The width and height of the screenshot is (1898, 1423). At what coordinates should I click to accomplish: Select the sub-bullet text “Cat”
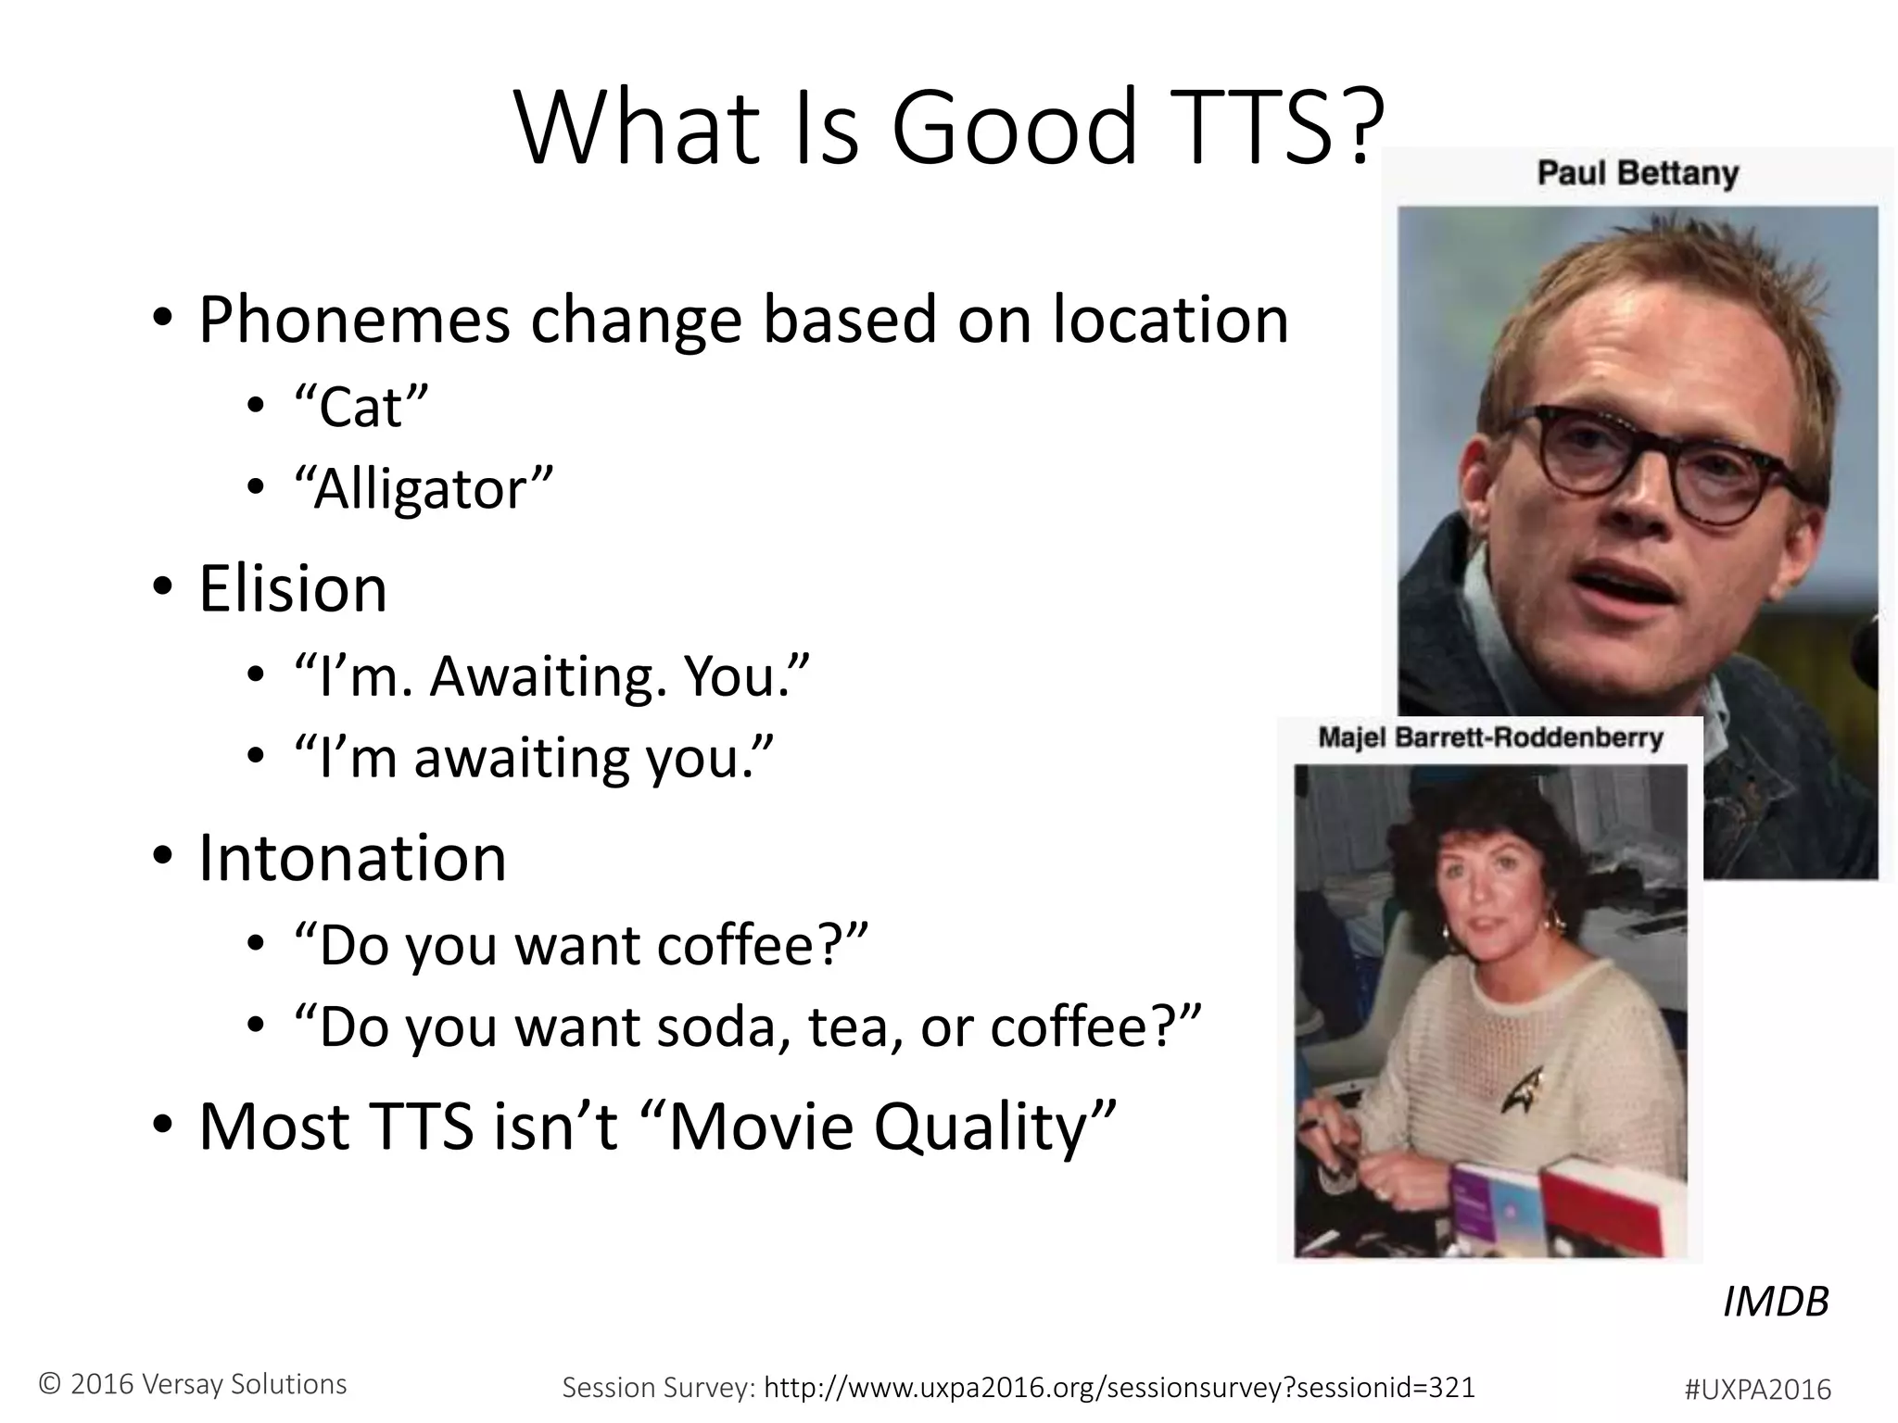pyautogui.click(x=361, y=407)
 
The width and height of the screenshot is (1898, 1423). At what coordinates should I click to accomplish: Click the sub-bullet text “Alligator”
pyautogui.click(x=423, y=489)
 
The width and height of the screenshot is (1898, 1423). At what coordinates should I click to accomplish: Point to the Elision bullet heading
pyautogui.click(x=292, y=589)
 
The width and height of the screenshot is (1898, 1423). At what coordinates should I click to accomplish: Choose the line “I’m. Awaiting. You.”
pyautogui.click(x=551, y=676)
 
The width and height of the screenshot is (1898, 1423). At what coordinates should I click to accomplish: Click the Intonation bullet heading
pyautogui.click(x=352, y=858)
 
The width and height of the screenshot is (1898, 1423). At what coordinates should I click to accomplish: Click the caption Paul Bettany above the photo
pyautogui.click(x=1638, y=173)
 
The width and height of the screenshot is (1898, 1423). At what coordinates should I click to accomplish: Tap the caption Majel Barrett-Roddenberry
pyautogui.click(x=1490, y=737)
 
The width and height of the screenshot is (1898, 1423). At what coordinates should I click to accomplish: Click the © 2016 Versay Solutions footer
pyautogui.click(x=193, y=1383)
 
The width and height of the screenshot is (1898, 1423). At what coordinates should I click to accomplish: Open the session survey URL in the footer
pyautogui.click(x=1119, y=1387)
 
